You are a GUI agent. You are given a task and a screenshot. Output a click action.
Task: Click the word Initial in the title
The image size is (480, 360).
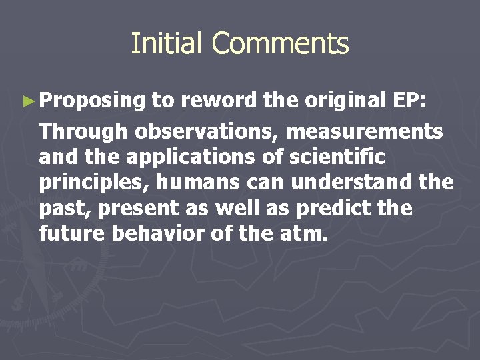point(167,44)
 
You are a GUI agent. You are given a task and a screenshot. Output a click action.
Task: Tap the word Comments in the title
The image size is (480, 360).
point(280,44)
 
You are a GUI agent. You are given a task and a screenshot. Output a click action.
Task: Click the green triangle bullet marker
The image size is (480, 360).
point(27,101)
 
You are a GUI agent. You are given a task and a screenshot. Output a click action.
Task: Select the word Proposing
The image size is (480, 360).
point(92,101)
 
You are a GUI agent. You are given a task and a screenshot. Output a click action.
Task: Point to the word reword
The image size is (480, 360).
point(219,100)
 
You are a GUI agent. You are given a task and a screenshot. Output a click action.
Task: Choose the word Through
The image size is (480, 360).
point(83,132)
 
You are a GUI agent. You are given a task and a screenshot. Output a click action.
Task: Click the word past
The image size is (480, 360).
point(65,209)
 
